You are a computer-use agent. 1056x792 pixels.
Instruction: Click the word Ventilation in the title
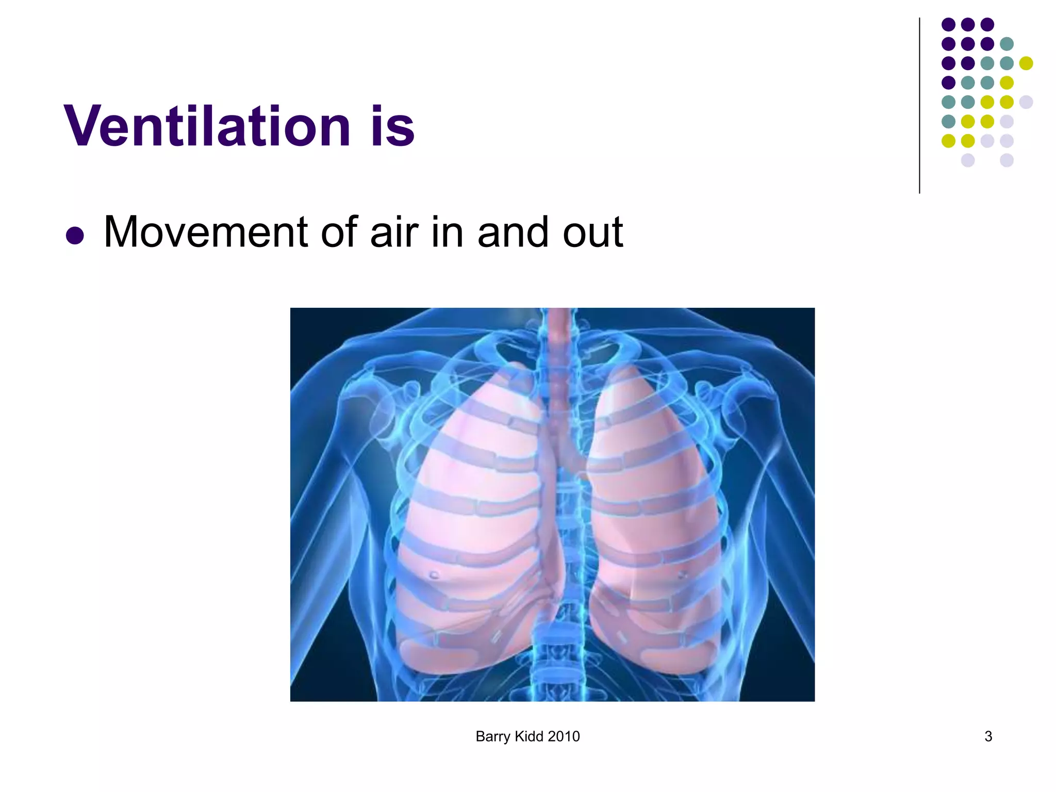point(207,126)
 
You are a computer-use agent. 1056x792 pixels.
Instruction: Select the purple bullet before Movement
point(75,235)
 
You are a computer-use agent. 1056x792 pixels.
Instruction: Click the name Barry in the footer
point(492,737)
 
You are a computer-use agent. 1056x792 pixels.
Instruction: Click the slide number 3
point(988,736)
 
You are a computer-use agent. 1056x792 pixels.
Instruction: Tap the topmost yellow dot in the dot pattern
point(1026,63)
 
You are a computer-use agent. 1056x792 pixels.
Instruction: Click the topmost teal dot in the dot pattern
point(1006,44)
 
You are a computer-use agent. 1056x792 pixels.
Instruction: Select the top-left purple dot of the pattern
point(949,24)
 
